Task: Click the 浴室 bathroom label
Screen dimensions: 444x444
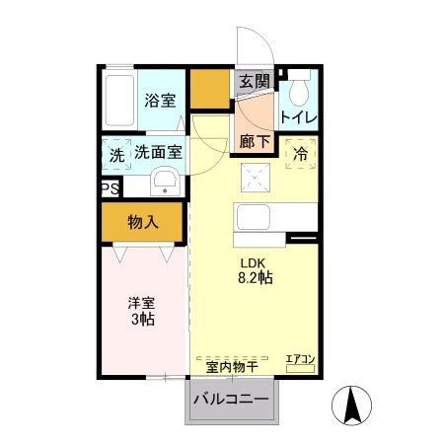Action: point(160,101)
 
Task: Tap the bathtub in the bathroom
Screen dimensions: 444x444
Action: point(119,100)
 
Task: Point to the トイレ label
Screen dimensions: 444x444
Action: point(299,117)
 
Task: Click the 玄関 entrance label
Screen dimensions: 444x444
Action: point(254,81)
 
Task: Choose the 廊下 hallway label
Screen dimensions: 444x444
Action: point(255,142)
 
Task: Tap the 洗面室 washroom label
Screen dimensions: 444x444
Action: point(159,152)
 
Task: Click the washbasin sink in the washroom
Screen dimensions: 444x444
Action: point(165,182)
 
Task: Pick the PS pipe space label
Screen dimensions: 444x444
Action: point(111,188)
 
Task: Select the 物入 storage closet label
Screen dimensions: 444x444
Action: point(143,222)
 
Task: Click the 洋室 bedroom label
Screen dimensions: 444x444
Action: point(142,303)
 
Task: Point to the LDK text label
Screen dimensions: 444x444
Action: point(253,262)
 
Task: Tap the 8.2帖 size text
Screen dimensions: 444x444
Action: point(256,278)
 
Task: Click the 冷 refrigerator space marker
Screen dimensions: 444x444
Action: point(301,154)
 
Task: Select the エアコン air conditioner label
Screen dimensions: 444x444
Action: point(300,359)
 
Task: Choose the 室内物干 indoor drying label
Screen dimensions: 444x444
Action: point(232,367)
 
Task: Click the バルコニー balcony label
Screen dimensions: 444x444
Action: point(231,400)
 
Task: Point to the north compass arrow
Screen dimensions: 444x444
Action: point(351,406)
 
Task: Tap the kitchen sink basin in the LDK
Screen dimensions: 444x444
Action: point(254,217)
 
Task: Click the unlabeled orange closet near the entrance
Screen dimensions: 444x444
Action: point(210,89)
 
